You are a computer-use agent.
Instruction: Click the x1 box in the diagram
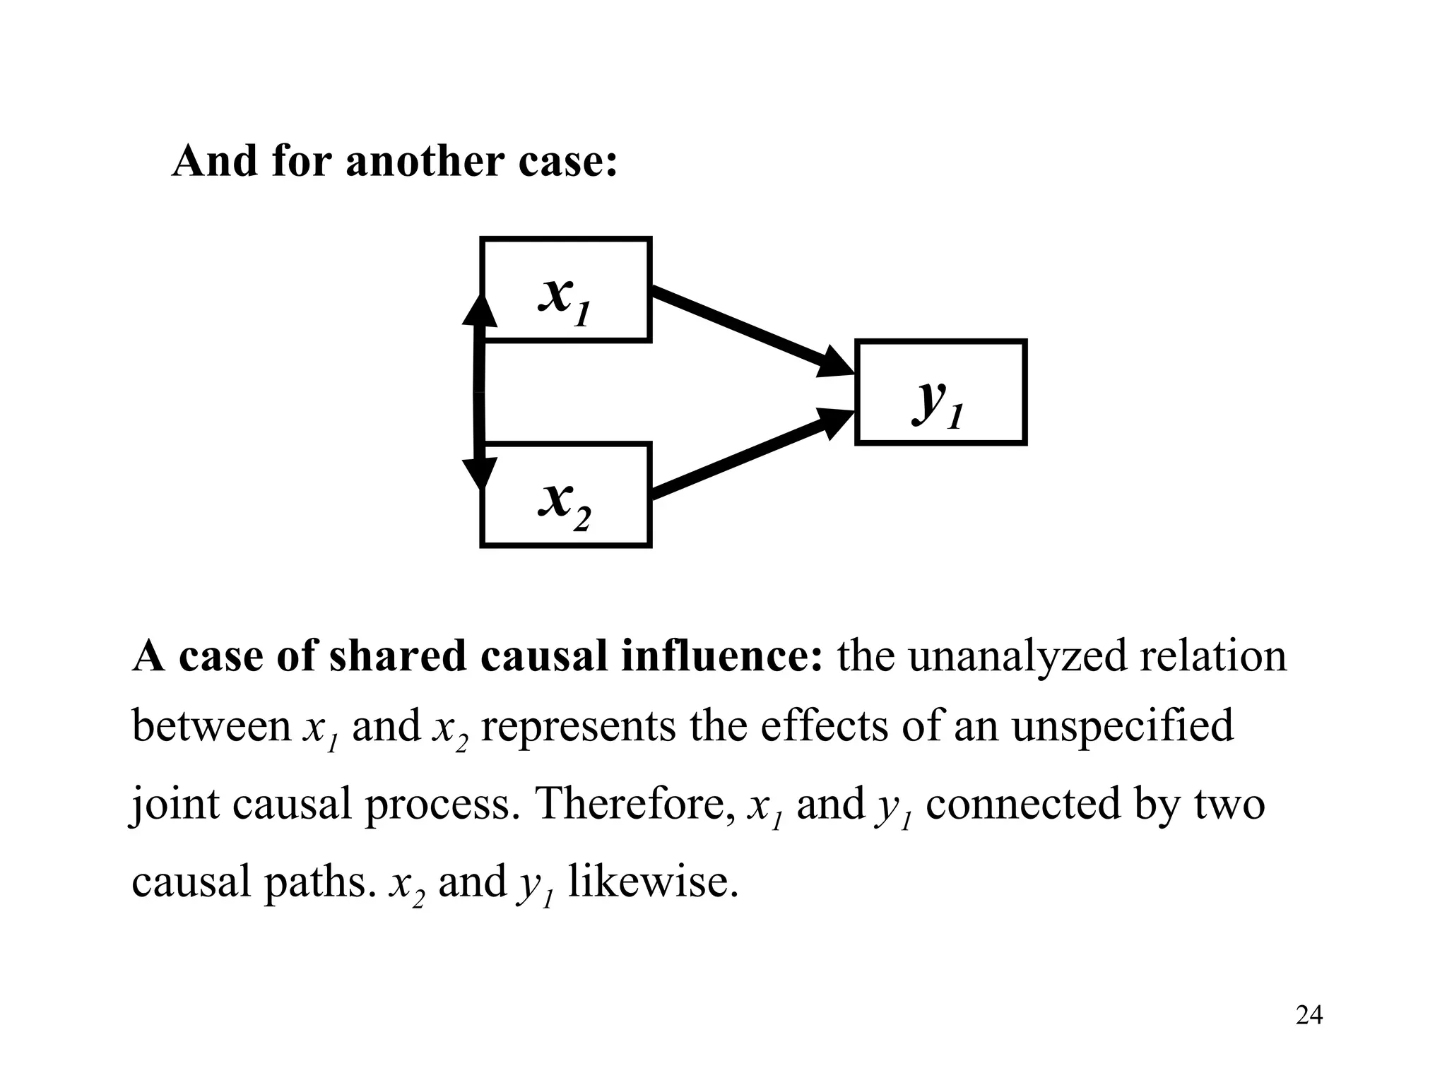[x=565, y=290]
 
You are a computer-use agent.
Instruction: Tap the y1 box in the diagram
[x=940, y=393]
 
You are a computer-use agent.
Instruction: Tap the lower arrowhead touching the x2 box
[x=480, y=472]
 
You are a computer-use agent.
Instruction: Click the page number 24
[x=1309, y=1015]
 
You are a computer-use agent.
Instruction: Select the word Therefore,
[x=635, y=804]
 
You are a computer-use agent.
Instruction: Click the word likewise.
[x=653, y=882]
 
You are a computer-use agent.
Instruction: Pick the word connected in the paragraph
[x=1023, y=804]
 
